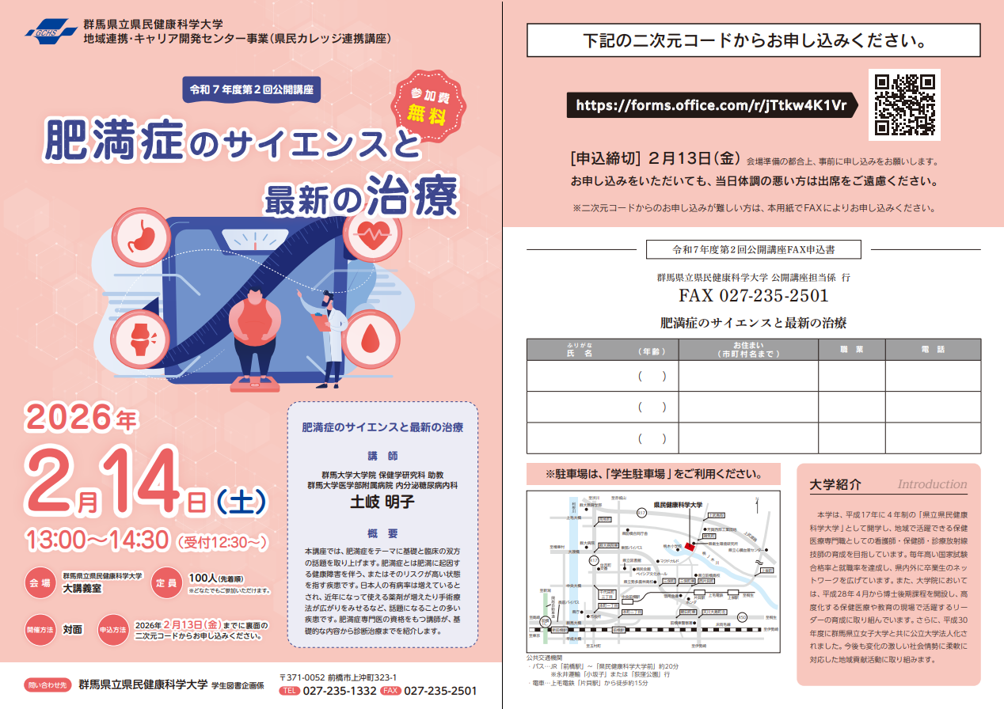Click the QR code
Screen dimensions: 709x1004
[904, 104]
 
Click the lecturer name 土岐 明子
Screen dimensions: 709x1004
[382, 502]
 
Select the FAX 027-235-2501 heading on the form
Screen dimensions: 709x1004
[753, 296]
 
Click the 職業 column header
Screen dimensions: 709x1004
[851, 350]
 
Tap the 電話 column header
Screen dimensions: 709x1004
[933, 350]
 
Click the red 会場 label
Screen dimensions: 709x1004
[40, 582]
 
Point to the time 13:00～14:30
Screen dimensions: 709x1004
[97, 540]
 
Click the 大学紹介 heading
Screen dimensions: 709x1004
[835, 485]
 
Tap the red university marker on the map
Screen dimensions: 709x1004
[689, 546]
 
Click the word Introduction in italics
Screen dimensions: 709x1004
[932, 484]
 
